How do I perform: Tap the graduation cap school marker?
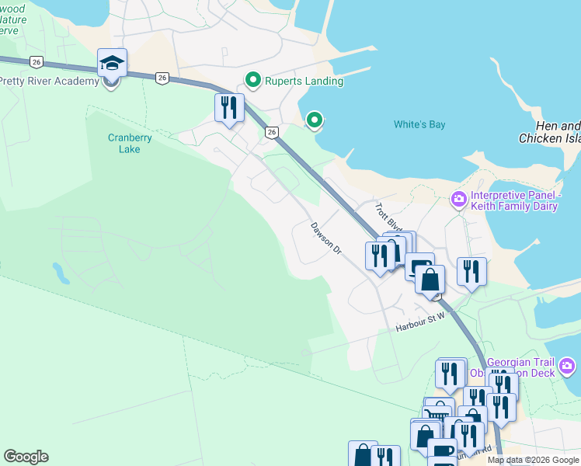(x=113, y=63)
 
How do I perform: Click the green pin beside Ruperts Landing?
(x=252, y=80)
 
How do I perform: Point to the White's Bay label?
(x=419, y=124)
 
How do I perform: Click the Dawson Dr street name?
(x=326, y=239)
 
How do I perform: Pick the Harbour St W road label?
(x=419, y=326)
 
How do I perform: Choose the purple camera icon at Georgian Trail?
(x=567, y=365)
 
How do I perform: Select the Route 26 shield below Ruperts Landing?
(x=271, y=133)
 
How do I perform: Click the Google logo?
(x=26, y=457)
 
